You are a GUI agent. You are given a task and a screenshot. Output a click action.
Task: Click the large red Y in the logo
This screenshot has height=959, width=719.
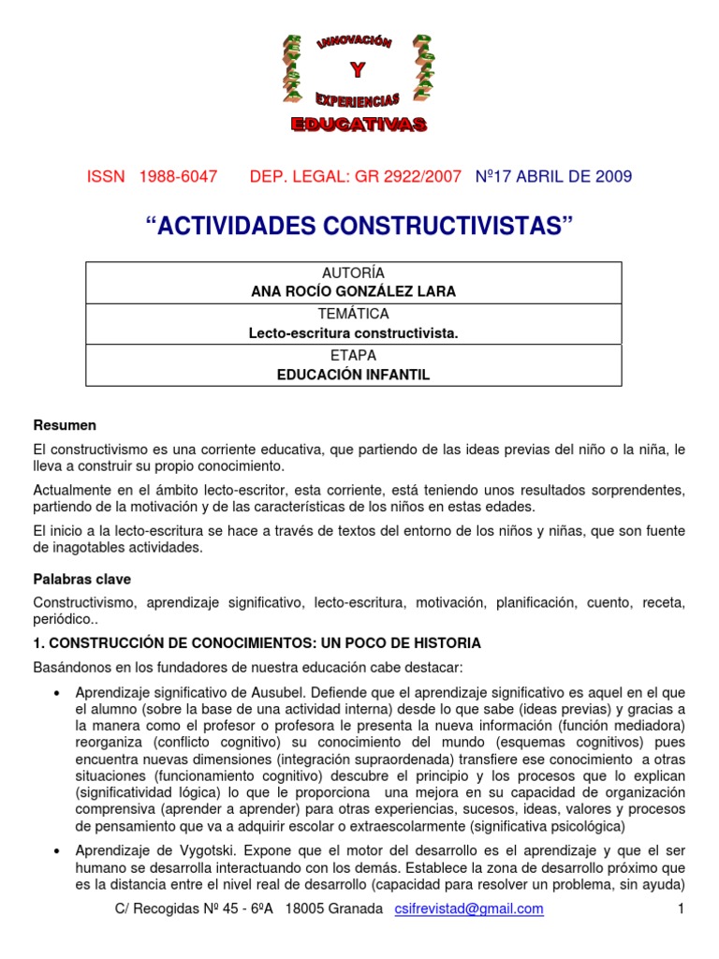(357, 70)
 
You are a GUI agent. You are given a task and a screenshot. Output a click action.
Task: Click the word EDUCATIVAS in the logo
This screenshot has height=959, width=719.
(359, 125)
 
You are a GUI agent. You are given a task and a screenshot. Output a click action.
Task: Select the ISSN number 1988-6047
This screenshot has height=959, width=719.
(178, 176)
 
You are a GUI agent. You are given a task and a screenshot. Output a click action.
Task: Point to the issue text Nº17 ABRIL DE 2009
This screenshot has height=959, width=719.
(554, 176)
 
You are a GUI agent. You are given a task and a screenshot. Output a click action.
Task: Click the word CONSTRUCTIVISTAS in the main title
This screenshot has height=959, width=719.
(447, 226)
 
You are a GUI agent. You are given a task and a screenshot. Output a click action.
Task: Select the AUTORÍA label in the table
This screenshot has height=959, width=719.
(353, 273)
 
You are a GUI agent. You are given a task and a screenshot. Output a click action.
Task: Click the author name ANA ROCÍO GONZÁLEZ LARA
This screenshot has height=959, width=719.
(353, 291)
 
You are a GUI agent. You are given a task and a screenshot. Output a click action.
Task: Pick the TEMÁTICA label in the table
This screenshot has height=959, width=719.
(353, 315)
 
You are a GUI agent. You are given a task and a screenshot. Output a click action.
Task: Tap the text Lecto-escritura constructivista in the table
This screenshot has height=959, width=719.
(353, 332)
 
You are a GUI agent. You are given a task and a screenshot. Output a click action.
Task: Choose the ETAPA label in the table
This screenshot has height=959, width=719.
(353, 356)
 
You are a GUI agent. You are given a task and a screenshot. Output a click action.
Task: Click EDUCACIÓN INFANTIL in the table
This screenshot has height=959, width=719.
(353, 375)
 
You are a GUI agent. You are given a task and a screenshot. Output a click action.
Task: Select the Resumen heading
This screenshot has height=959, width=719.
(65, 425)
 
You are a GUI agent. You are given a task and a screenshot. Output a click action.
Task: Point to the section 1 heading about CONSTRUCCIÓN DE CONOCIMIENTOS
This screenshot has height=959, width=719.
(257, 643)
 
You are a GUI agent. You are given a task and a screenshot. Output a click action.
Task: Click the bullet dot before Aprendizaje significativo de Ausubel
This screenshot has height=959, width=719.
(59, 691)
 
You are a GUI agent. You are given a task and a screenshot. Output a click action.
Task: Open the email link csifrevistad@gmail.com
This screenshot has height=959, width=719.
(469, 909)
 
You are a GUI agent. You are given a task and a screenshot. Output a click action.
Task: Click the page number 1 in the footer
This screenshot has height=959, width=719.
(682, 909)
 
